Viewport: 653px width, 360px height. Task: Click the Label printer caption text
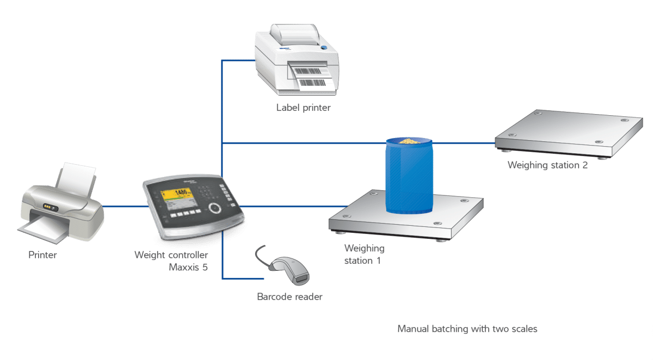303,108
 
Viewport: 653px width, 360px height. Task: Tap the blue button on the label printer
324,48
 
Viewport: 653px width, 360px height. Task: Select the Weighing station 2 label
547,165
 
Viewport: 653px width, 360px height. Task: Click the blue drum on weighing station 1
409,176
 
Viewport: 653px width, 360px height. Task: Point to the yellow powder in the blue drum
410,141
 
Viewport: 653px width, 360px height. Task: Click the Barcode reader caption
289,296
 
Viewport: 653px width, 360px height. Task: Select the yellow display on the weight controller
177,194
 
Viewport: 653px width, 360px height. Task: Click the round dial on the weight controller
215,208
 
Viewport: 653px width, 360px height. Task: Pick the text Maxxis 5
188,267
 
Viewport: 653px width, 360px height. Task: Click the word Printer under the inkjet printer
42,255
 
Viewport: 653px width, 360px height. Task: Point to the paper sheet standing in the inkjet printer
76,179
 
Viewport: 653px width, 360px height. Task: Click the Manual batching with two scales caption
467,329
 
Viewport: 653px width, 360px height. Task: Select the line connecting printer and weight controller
126,207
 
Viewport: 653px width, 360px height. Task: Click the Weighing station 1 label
364,255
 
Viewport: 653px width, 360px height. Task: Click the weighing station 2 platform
569,134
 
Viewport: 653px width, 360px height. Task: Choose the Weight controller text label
171,255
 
